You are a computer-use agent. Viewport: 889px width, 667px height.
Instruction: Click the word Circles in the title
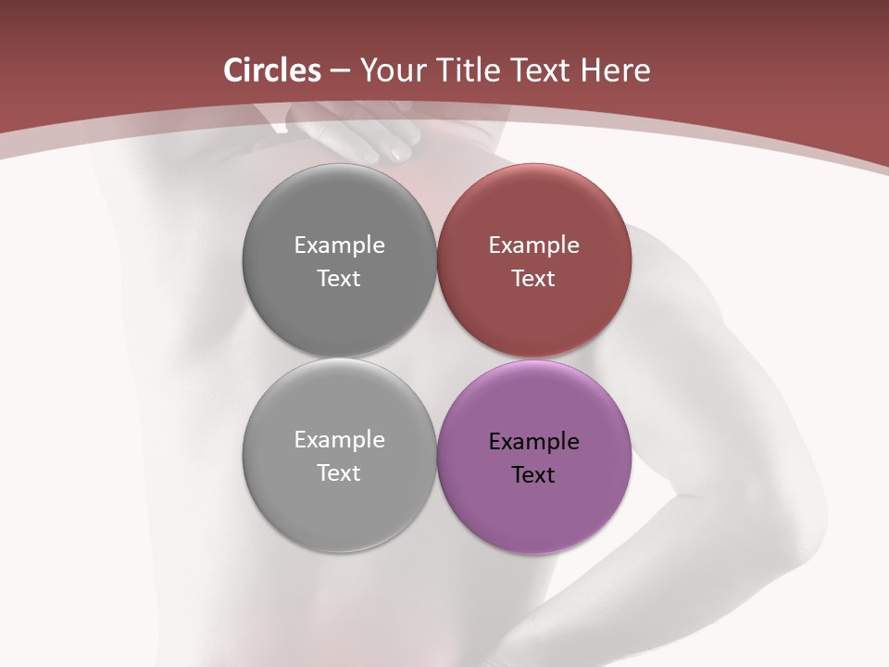[272, 70]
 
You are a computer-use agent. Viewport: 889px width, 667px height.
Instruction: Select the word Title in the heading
[471, 70]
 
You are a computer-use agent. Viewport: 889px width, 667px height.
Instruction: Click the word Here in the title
[615, 70]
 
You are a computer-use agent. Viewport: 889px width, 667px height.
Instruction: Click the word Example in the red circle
[533, 245]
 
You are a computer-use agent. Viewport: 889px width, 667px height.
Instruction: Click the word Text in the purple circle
[533, 475]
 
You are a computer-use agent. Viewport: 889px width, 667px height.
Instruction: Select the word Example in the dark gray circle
[339, 245]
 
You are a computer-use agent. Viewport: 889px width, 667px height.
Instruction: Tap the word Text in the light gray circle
[339, 473]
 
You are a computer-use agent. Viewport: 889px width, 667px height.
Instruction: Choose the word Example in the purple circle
[533, 442]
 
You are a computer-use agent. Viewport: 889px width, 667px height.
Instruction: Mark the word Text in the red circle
[533, 279]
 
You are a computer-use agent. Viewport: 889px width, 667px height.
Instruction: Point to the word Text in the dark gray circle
[339, 279]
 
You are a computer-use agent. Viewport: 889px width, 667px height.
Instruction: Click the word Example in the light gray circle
[339, 440]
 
